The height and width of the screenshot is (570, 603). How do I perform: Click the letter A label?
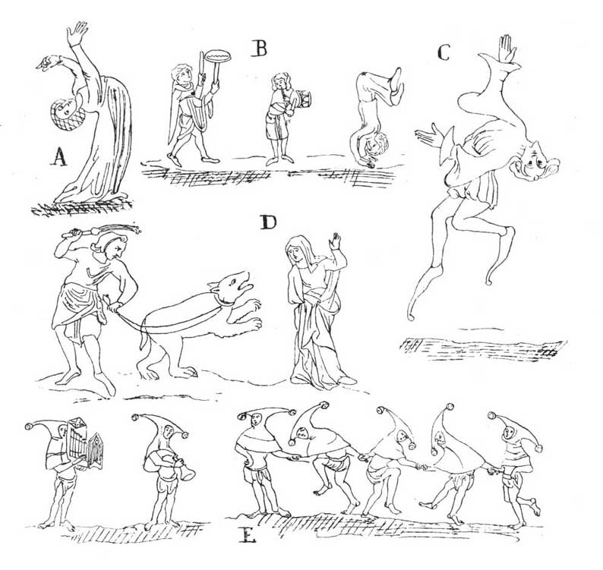58,157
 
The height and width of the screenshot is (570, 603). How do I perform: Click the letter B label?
260,49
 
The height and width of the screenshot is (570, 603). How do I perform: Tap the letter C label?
444,52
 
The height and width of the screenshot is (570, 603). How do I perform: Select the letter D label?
268,222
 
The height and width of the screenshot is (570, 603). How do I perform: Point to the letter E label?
247,534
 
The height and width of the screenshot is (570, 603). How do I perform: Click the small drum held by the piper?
302,99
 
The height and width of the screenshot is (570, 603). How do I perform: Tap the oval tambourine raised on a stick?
218,57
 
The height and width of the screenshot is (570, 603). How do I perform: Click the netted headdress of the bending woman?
67,115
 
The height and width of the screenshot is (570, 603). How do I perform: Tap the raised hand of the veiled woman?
336,241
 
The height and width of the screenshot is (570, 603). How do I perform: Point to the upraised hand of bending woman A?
77,33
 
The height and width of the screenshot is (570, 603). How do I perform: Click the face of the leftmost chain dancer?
254,421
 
